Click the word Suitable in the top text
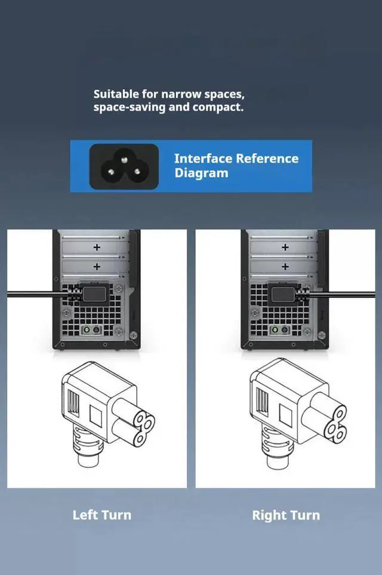coord(116,94)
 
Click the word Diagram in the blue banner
coord(201,173)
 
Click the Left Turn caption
coord(101,515)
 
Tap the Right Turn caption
coord(286,515)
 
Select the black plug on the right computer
coord(289,294)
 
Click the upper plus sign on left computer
coord(97,247)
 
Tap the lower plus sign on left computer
coord(97,266)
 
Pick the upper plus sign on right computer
coord(285,247)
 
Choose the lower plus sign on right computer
coord(285,266)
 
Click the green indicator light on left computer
coord(87,330)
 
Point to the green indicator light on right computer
coord(275,330)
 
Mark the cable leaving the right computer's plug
coord(343,294)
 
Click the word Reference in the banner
coord(267,158)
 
